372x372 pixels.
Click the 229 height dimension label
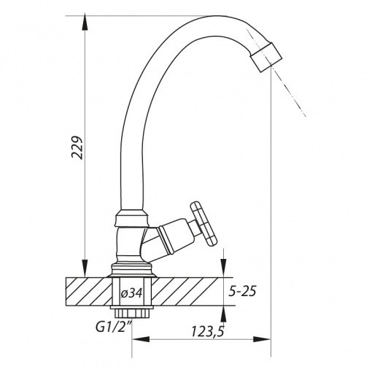[77, 147]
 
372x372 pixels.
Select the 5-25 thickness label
[242, 291]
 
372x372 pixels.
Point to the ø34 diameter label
[131, 293]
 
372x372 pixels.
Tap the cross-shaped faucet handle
[204, 223]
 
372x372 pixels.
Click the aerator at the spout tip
[266, 57]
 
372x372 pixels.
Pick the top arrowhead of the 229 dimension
[85, 23]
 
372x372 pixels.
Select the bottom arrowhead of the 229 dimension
[85, 268]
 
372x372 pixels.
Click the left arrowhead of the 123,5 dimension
[141, 339]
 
